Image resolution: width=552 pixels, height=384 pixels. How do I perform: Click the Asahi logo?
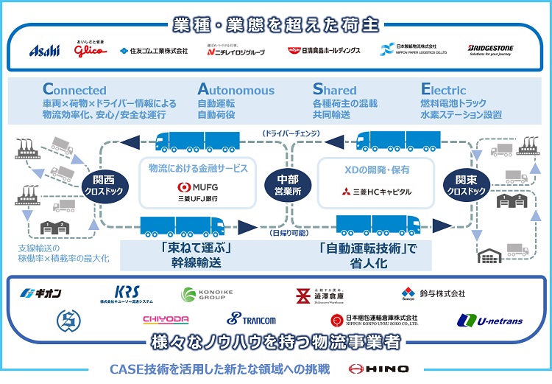[43, 50]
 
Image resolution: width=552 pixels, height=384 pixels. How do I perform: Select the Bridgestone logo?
[491, 50]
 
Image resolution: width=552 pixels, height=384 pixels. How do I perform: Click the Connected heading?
[74, 90]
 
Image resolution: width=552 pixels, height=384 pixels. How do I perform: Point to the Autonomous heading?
[236, 90]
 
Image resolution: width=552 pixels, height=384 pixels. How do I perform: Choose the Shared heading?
[335, 90]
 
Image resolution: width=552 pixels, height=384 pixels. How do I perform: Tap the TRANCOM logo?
[251, 319]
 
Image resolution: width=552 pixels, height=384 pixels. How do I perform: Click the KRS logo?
[126, 295]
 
